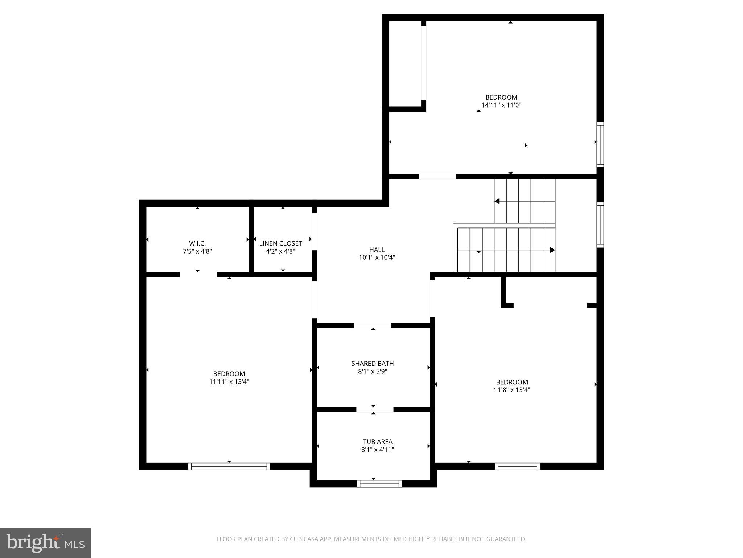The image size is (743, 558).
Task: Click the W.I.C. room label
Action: [x=197, y=243]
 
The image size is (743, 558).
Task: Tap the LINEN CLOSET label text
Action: [x=280, y=243]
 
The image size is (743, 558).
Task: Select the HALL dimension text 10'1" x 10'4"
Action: [x=377, y=258]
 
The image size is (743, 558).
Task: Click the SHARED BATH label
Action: [x=372, y=363]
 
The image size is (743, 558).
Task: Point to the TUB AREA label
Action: [x=377, y=442]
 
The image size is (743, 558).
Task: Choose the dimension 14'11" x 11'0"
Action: [x=501, y=105]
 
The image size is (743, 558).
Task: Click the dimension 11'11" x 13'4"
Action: [x=229, y=382]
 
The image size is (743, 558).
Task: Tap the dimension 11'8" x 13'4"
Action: [x=512, y=390]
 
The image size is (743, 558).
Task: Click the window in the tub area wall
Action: [x=379, y=484]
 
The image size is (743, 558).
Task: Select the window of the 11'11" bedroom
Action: [x=229, y=466]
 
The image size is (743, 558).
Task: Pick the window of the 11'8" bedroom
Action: [x=517, y=466]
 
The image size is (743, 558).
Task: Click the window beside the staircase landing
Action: [x=600, y=225]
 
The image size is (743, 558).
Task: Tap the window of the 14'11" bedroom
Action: [x=600, y=145]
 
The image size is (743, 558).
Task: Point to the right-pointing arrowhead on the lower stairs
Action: [x=552, y=250]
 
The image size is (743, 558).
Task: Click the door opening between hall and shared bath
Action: [x=372, y=325]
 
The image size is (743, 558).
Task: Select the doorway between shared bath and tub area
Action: [x=375, y=409]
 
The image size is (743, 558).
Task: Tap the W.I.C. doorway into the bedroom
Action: [x=198, y=274]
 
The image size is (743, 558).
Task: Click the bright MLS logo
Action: [x=45, y=543]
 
